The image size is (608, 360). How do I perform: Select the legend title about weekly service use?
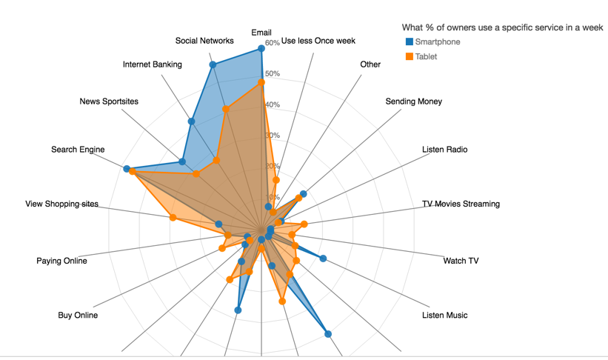coord(502,27)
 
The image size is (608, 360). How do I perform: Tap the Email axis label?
coord(261,33)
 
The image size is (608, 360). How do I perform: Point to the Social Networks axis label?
coord(204,41)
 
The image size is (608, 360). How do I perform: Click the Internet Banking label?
coord(153,64)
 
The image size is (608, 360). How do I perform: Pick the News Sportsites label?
coord(109,101)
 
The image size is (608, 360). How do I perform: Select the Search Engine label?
coord(78,150)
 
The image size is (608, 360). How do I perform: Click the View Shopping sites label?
coord(61,204)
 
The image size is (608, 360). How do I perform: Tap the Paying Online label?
coord(61,261)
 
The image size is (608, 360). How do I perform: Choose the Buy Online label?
coord(78,316)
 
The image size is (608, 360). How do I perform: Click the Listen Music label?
coord(444,316)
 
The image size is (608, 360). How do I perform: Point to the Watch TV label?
coord(461,261)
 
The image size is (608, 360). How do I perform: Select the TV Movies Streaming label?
coord(461,204)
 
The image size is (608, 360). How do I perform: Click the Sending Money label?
coord(413,101)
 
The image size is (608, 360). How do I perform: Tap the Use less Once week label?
coord(318,41)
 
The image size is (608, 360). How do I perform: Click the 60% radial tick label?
coord(272,43)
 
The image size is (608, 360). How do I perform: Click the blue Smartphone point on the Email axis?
coord(261,49)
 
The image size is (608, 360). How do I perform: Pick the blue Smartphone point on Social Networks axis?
coord(213,66)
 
